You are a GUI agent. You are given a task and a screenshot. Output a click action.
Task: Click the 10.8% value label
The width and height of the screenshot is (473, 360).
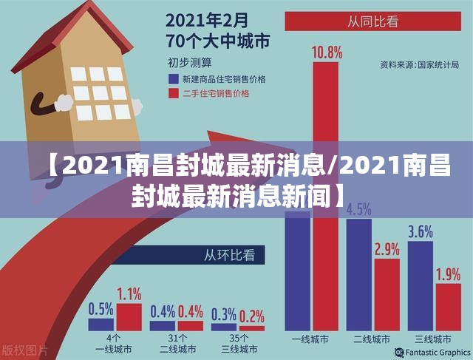pos(327,52)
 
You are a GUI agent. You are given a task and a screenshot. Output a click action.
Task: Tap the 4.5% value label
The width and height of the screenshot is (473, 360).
pos(358,209)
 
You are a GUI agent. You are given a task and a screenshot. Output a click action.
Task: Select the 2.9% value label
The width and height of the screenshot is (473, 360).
pos(387,249)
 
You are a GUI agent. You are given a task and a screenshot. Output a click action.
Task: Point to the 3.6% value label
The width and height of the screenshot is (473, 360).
pos(420,231)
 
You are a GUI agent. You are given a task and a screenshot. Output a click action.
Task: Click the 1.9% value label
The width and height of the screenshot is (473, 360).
pos(448,274)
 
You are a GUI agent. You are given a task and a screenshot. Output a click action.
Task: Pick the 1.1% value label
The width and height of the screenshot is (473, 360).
pos(129,293)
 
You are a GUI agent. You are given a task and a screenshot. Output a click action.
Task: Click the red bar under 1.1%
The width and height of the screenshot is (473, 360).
pos(129,316)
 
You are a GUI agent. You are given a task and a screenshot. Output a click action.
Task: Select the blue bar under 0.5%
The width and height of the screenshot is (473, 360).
pos(101,324)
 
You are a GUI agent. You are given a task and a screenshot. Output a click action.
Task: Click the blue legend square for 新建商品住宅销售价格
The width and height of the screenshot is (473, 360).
pos(173,78)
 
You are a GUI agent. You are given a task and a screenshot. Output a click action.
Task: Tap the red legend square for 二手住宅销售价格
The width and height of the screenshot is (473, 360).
pos(173,94)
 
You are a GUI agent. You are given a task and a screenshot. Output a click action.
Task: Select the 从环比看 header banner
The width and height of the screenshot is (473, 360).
pos(230,257)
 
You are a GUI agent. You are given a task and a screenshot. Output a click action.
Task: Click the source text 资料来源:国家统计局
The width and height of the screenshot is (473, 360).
pos(420,65)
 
